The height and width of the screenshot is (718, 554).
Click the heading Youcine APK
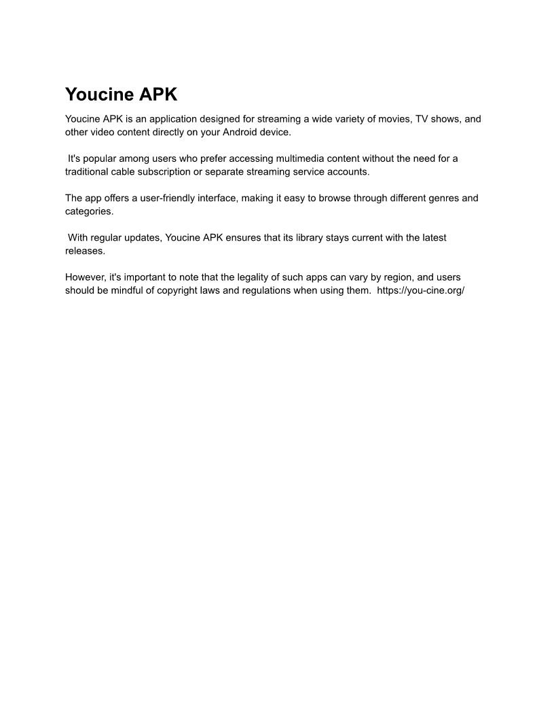[121, 94]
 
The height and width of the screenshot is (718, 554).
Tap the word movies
[393, 119]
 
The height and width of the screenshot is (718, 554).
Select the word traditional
[87, 171]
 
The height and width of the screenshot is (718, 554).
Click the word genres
[426, 198]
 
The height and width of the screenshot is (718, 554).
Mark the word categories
[88, 211]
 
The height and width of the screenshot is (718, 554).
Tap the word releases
[85, 251]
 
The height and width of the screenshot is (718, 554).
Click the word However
[85, 277]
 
